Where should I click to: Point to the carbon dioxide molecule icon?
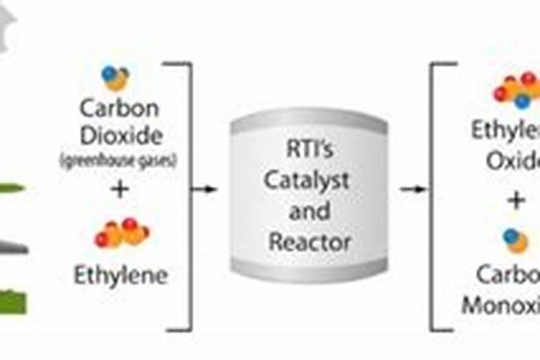coord(115,77)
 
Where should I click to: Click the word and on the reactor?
coord(309,212)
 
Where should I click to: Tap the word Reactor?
coord(309,241)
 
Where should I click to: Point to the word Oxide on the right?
coord(513,160)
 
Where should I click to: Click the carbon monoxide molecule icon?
coord(516,240)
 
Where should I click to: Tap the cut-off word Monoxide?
coord(501,304)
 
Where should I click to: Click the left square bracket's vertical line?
coord(191,194)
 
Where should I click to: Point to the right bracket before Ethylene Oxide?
coord(433,194)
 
